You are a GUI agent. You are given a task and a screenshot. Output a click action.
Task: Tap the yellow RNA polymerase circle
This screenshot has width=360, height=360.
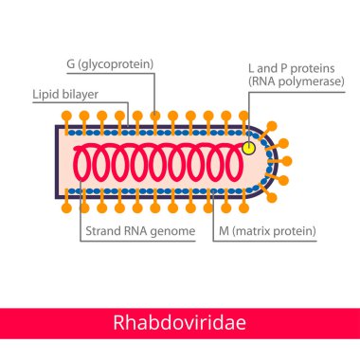(x=249, y=148)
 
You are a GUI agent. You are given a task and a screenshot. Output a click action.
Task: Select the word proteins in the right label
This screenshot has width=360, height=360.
(x=300, y=69)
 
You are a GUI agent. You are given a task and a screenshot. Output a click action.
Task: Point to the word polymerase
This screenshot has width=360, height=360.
(x=302, y=83)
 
